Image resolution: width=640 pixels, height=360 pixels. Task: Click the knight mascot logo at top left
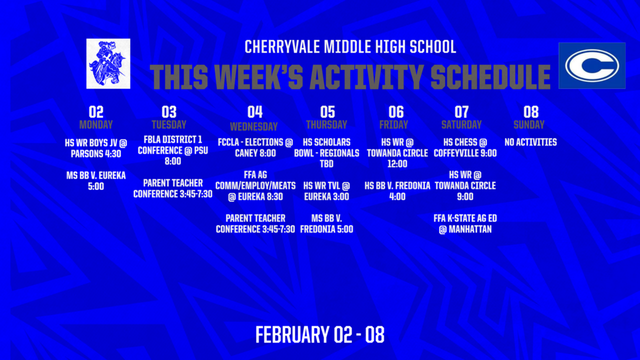(x=108, y=63)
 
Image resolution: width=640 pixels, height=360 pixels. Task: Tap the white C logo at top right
(x=591, y=66)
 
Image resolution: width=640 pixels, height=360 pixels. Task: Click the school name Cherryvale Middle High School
(x=350, y=47)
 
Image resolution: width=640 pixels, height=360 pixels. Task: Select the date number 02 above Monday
(x=96, y=112)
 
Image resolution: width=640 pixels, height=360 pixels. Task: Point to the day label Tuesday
(x=169, y=124)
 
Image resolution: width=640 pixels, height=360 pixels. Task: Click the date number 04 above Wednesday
(x=254, y=112)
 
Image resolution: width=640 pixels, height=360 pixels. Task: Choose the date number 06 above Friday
(x=396, y=112)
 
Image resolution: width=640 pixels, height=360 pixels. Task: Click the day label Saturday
(x=461, y=124)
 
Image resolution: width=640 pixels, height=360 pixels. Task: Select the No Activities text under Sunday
(x=530, y=142)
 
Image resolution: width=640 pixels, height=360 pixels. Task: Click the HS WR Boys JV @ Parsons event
(x=96, y=148)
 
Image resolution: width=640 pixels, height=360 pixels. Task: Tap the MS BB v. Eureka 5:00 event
(x=96, y=181)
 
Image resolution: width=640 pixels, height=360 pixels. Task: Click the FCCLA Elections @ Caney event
(x=255, y=147)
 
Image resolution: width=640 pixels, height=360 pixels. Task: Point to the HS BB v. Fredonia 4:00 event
(x=397, y=191)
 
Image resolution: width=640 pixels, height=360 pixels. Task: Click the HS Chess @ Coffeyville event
(x=464, y=147)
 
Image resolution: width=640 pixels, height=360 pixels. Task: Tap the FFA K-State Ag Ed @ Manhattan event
(x=464, y=223)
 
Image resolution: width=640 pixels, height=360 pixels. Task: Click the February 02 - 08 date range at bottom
(x=319, y=334)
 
